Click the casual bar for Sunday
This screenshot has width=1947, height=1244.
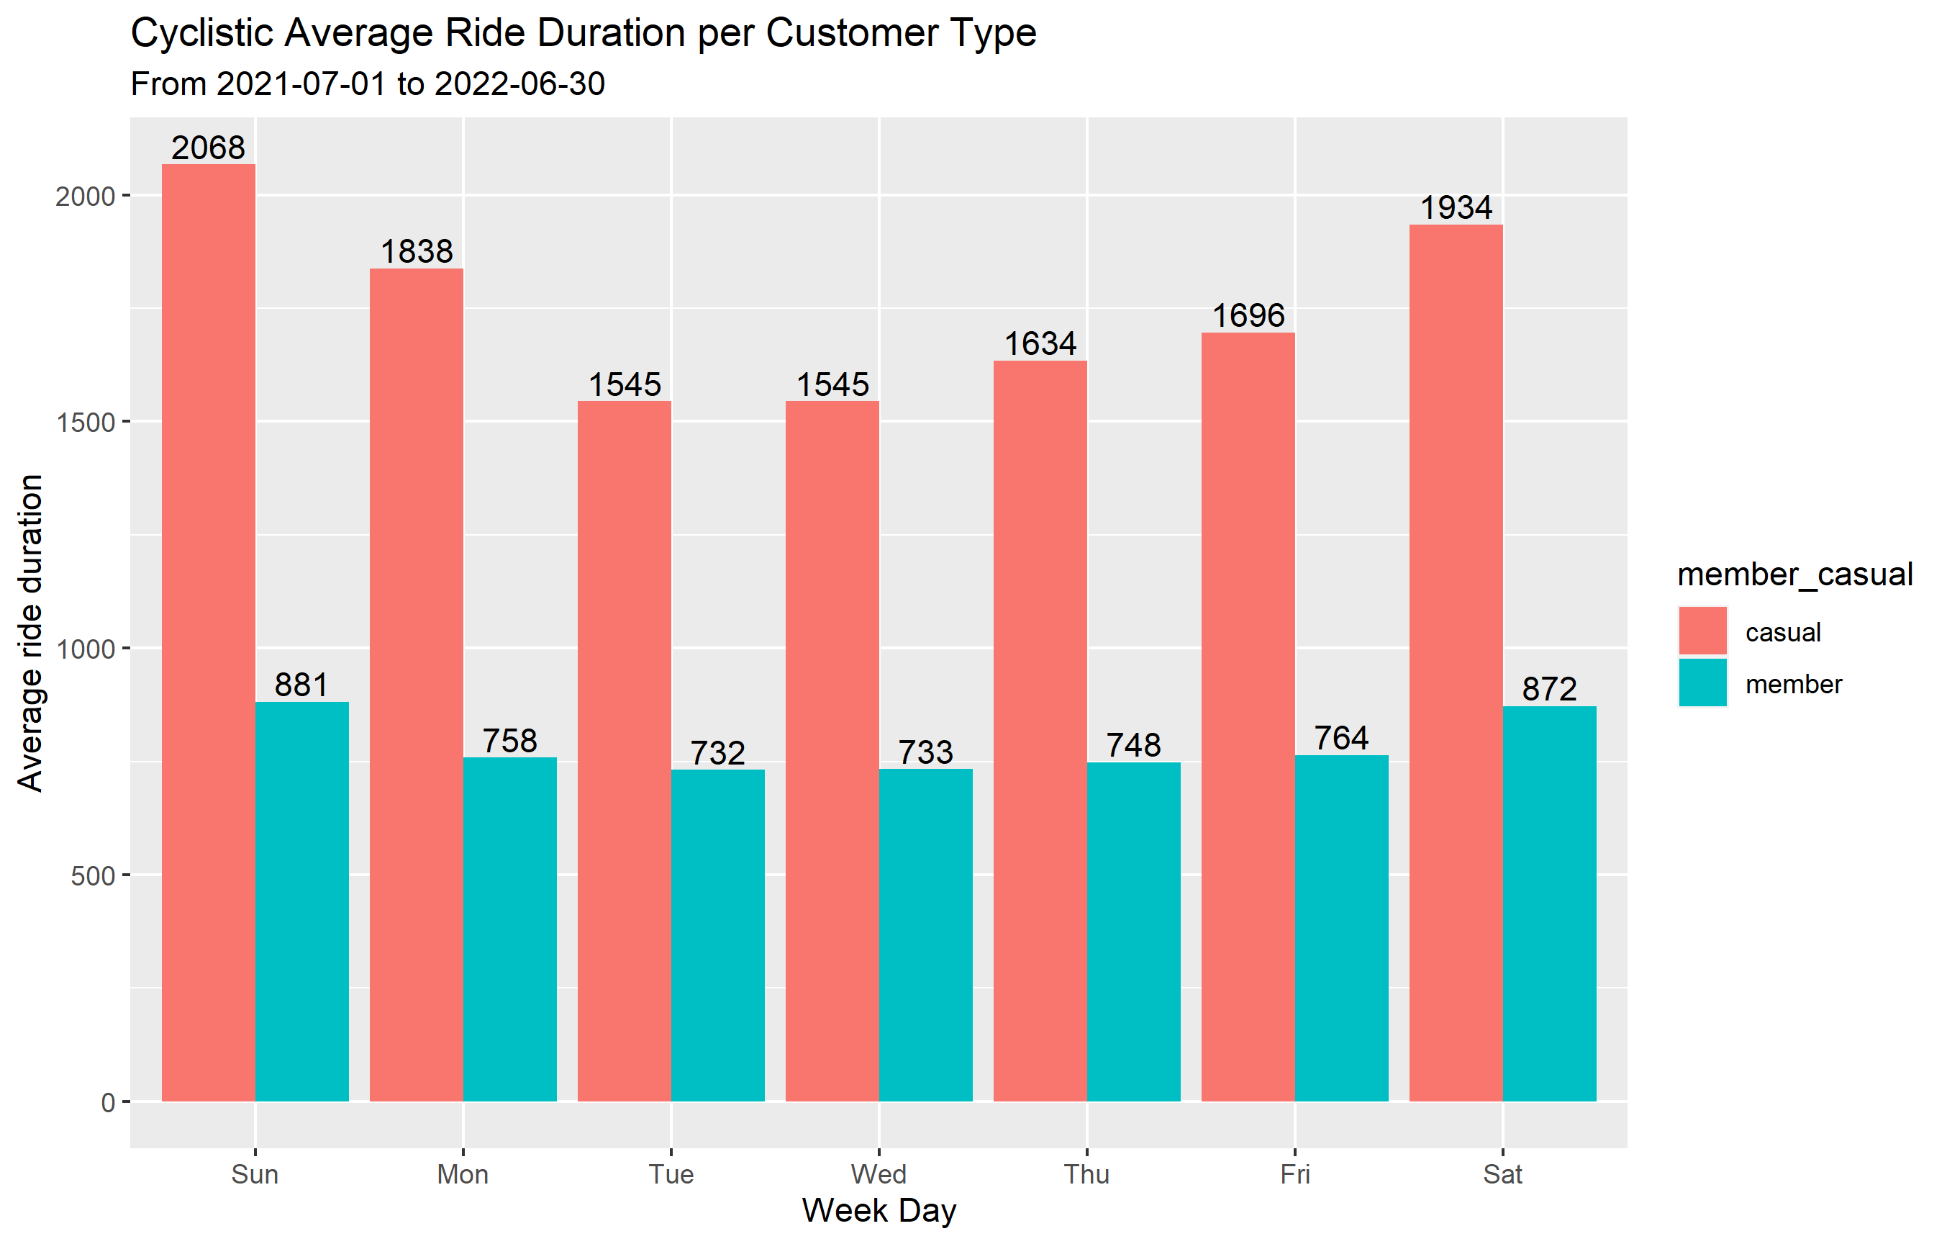point(208,631)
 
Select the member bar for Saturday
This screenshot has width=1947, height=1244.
point(1549,903)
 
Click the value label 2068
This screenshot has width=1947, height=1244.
point(208,148)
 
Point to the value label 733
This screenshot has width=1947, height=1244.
point(925,753)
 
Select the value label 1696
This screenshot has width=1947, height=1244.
point(1248,315)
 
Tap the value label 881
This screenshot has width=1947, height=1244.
point(301,685)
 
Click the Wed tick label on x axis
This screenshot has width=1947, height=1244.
point(879,1173)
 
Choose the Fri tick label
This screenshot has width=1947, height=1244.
point(1294,1173)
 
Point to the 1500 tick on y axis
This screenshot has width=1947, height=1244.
point(86,422)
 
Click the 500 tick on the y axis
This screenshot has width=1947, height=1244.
point(93,876)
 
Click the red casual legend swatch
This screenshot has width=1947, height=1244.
point(1702,631)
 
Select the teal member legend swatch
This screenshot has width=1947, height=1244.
point(1702,683)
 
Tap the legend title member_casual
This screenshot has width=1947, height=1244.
point(1794,574)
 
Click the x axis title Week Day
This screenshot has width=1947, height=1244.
point(879,1211)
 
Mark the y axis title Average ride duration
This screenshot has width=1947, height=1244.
point(30,633)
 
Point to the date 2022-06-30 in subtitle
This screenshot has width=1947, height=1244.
point(520,84)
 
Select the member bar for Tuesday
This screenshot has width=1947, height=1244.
point(717,935)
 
